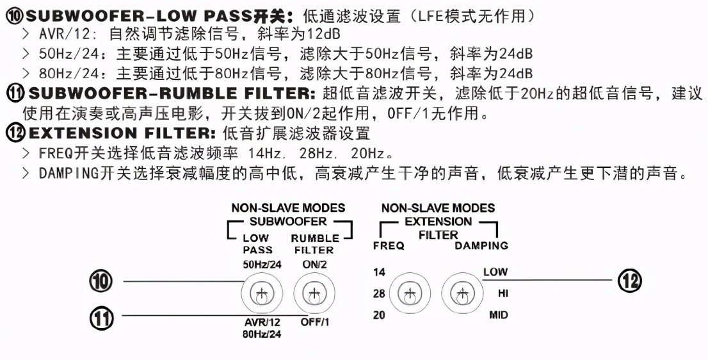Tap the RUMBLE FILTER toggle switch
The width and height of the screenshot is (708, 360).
pyautogui.click(x=310, y=295)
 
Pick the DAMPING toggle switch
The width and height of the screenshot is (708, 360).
pyautogui.click(x=460, y=294)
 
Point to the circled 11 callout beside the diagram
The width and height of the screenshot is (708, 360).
pyautogui.click(x=101, y=316)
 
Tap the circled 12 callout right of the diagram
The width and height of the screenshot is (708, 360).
pyautogui.click(x=629, y=281)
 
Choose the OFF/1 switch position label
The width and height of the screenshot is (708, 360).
pyautogui.click(x=314, y=322)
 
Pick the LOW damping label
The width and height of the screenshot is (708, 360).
pyautogui.click(x=495, y=272)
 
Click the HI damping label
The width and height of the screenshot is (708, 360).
pyautogui.click(x=503, y=293)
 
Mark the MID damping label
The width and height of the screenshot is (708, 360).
pyautogui.click(x=498, y=315)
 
